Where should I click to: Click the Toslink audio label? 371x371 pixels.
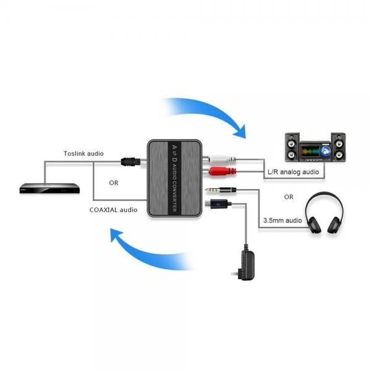83,153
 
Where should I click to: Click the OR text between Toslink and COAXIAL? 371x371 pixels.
114,182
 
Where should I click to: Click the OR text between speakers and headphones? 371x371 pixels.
288,197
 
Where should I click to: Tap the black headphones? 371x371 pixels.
324,213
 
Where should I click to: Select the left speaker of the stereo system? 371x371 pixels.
292,148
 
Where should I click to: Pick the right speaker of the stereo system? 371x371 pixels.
337,148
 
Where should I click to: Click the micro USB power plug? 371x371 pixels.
217,202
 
